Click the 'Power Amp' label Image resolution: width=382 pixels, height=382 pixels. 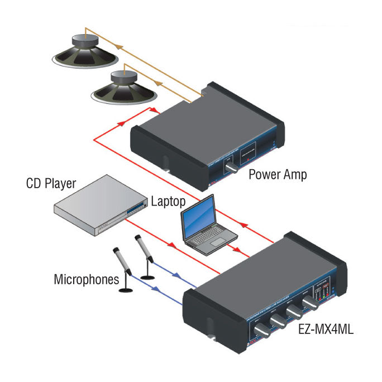point(278,174)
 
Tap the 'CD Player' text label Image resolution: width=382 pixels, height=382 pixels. point(51,184)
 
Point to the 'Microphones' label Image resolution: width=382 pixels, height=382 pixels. point(87,278)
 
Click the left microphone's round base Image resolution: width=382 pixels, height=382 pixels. point(127,290)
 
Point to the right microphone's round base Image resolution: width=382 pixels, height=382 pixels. point(147,277)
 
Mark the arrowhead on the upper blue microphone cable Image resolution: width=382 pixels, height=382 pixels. point(177,275)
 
